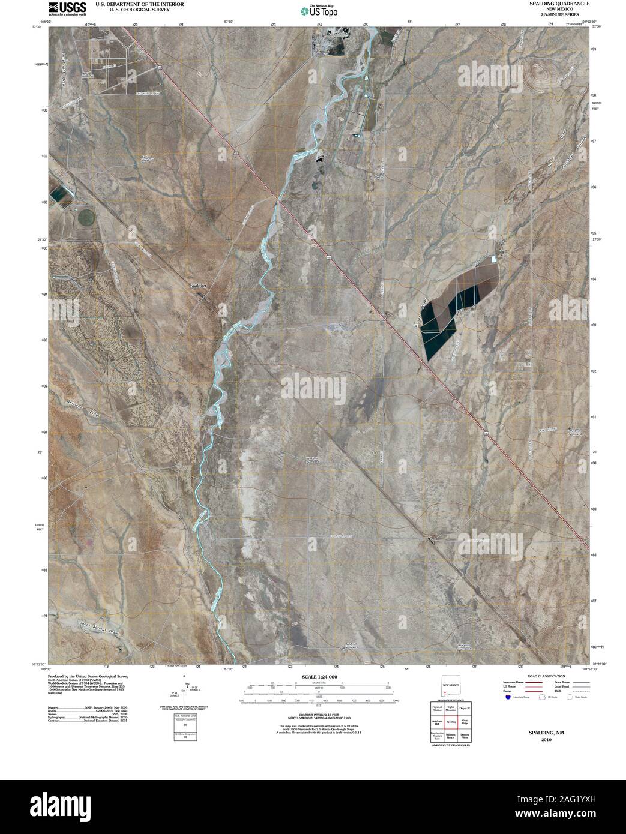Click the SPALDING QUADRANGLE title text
550,4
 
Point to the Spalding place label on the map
198,286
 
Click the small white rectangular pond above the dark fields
495,259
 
